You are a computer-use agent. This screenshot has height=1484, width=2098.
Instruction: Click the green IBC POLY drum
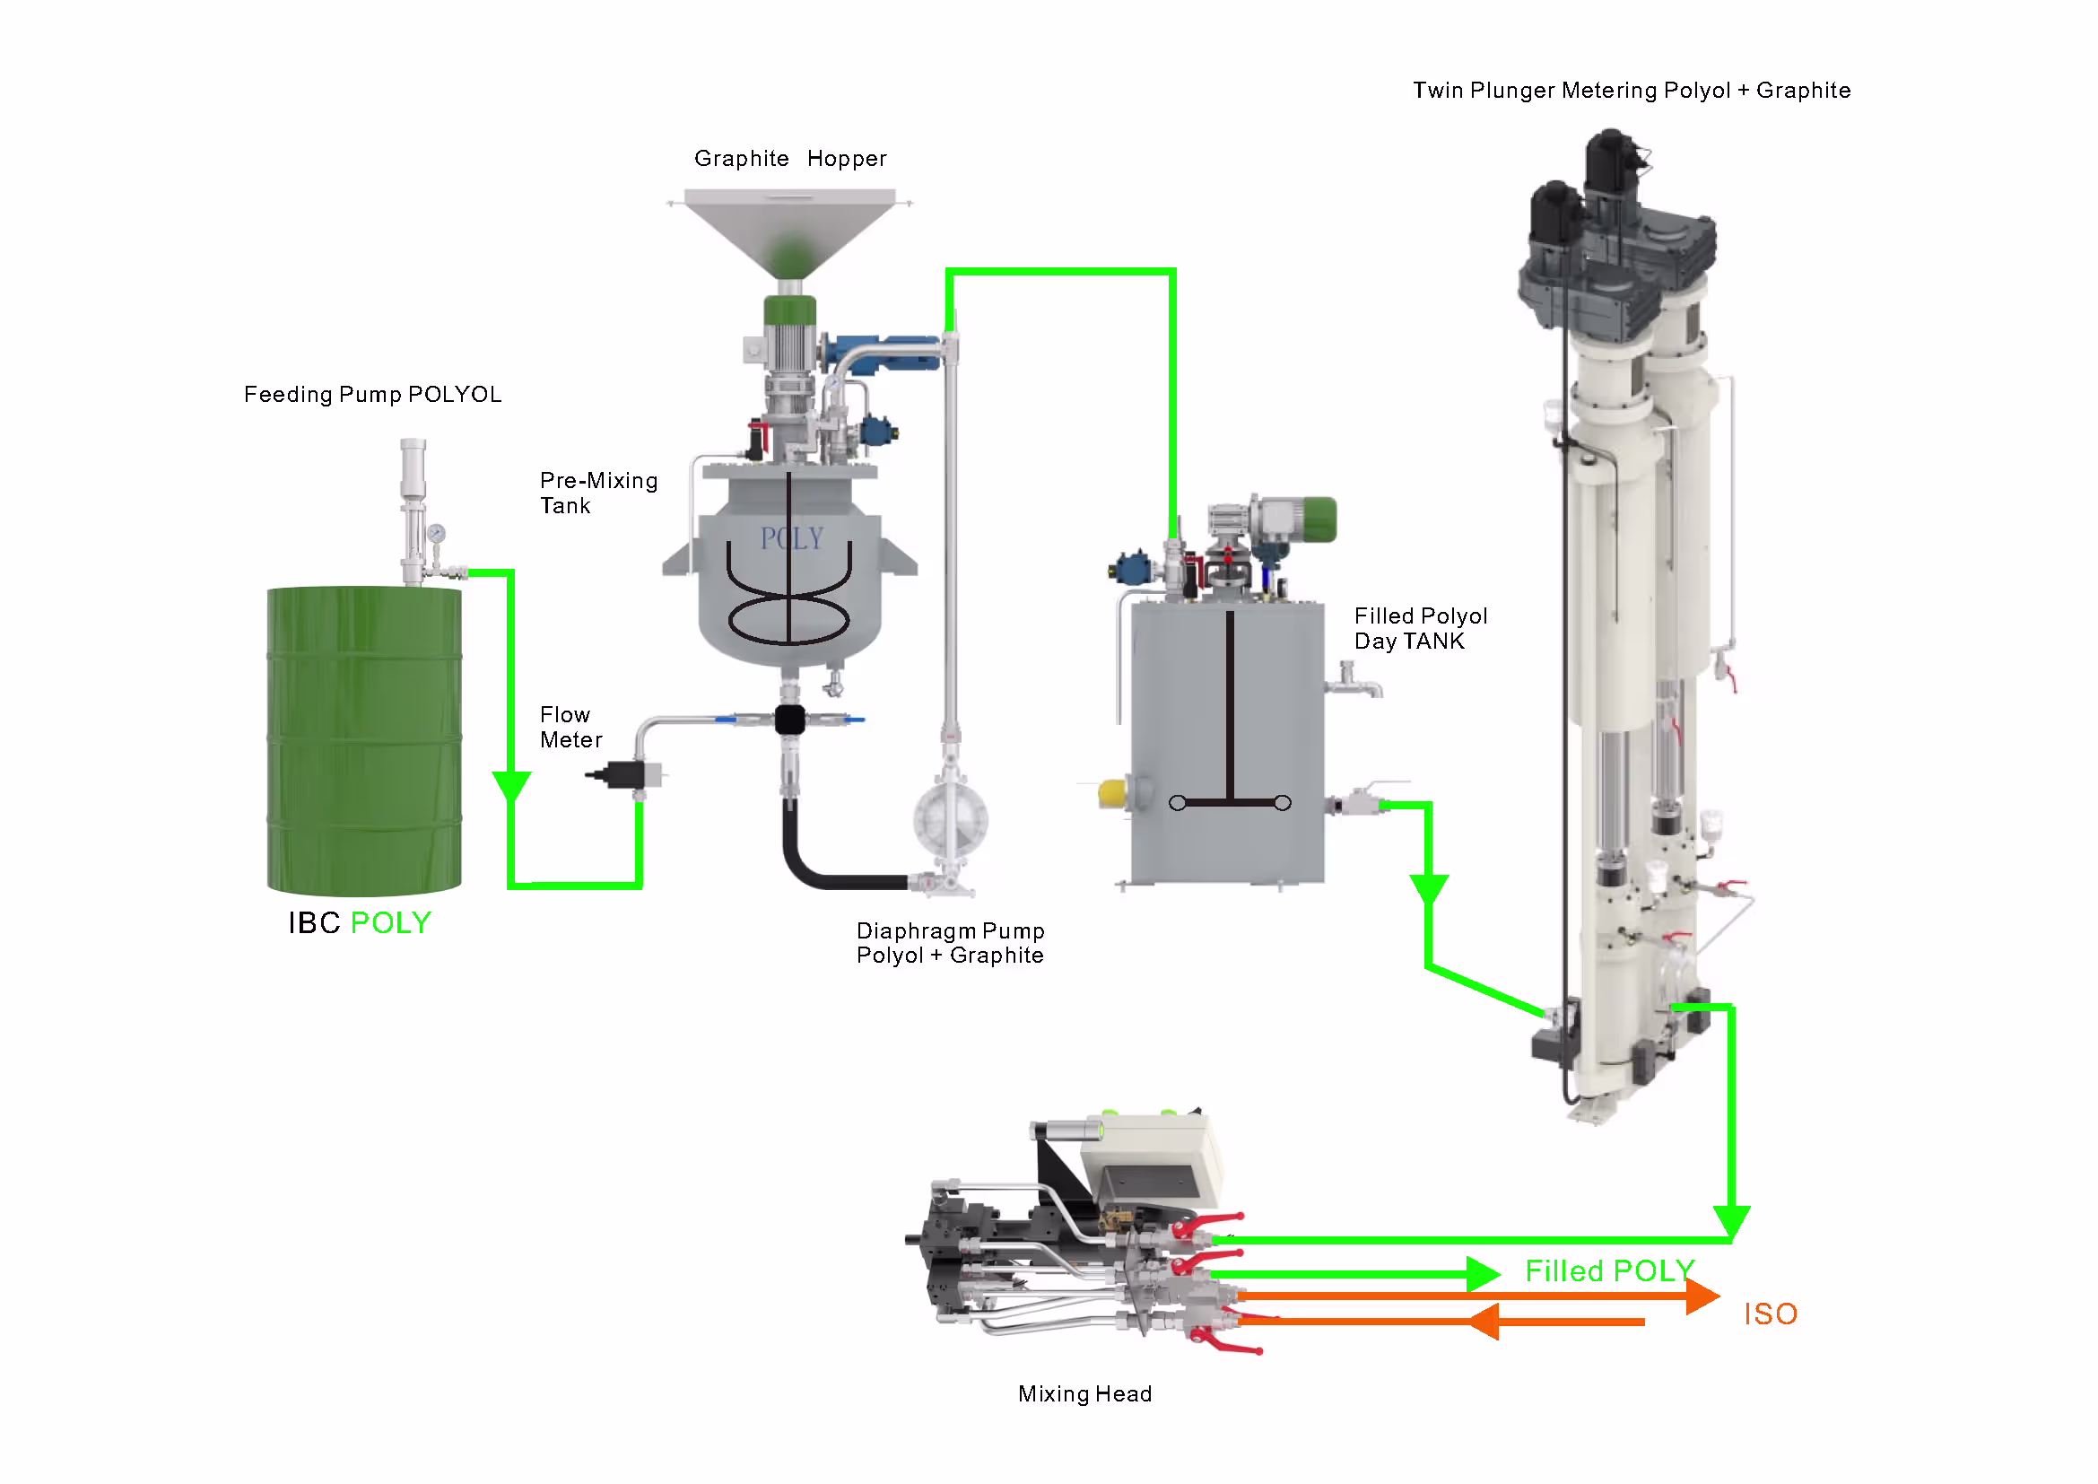pos(363,740)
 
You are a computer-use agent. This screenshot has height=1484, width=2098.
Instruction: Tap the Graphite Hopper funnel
pos(789,229)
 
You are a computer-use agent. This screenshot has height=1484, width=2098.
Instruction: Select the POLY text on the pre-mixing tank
pos(791,538)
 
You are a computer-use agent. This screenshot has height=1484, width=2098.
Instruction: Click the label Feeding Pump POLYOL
pos(372,394)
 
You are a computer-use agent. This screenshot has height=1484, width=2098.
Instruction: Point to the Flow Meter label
pos(570,728)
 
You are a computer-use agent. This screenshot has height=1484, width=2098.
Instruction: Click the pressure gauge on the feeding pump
pos(436,534)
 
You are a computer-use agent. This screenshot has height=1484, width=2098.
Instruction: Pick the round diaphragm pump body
pos(950,820)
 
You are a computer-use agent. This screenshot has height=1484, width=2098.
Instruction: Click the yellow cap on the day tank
pos(1111,792)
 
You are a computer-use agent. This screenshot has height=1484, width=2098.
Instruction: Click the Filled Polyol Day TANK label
pos(1420,629)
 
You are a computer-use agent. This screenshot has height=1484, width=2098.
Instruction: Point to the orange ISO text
pos(1770,1314)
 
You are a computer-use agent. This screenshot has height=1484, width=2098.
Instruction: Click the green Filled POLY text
pos(1609,1270)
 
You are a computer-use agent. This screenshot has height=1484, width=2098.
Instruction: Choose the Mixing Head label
pos(1084,1393)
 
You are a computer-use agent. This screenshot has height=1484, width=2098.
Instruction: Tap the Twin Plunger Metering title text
pos(1631,91)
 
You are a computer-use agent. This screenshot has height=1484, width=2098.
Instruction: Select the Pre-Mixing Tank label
pos(597,493)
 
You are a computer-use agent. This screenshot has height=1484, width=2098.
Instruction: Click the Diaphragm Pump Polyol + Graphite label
pos(949,943)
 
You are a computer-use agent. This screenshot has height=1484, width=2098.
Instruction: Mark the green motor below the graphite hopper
pos(789,310)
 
